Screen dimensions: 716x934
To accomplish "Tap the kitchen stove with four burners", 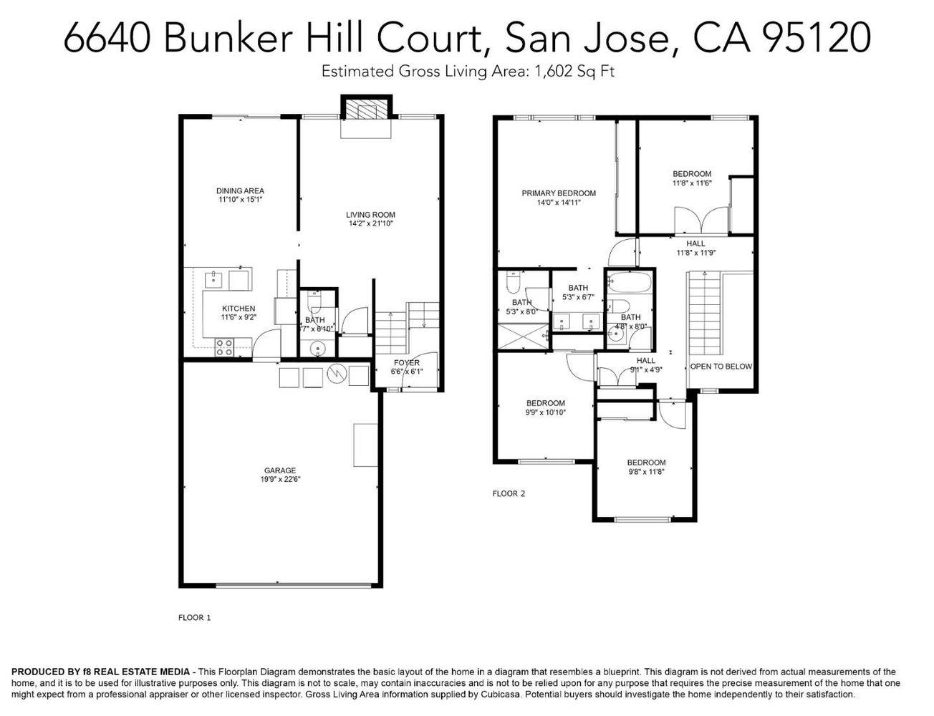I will click(222, 347).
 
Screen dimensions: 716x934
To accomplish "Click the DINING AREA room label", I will click(240, 190).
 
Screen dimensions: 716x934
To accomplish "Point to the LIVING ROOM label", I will click(370, 215).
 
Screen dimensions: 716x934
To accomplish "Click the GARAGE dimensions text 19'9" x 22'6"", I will click(280, 480).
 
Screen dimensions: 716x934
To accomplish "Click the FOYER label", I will click(406, 363).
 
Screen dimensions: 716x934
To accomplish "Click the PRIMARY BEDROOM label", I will click(559, 193).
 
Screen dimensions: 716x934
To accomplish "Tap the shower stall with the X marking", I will click(525, 335).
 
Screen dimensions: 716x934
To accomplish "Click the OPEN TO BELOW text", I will click(721, 367).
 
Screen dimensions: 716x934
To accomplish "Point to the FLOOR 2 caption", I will click(509, 493).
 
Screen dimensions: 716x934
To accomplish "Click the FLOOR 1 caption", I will click(194, 617).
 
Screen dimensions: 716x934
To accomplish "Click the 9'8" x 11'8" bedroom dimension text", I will click(646, 472).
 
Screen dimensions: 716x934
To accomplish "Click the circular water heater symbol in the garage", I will click(336, 374).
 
